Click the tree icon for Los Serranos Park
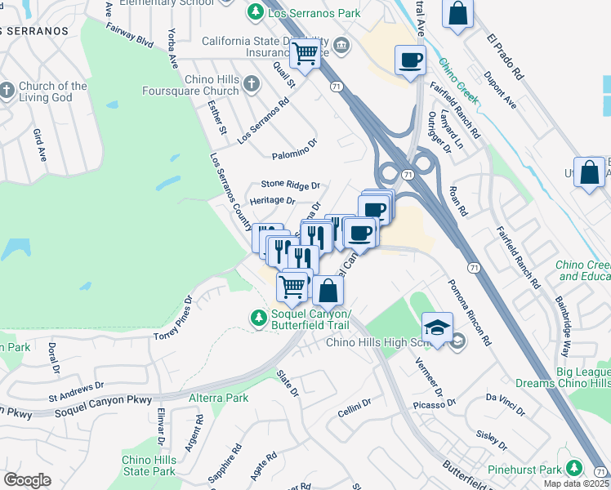[256, 13]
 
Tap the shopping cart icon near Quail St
[305, 55]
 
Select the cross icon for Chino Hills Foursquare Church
[252, 83]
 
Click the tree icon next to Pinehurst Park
[575, 468]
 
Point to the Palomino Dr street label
[293, 154]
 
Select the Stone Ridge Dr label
[290, 185]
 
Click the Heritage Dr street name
[272, 200]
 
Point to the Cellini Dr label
[355, 406]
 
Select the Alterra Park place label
[218, 398]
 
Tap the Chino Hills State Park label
[149, 465]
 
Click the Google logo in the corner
[27, 479]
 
